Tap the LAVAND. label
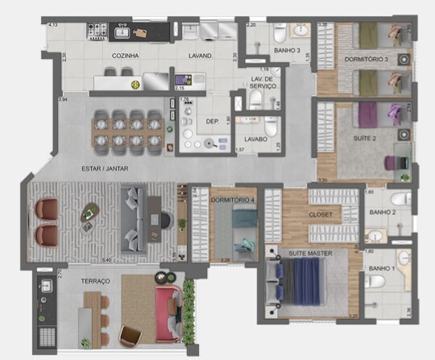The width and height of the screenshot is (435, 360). [x=201, y=56]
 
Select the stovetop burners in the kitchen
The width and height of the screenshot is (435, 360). [x=97, y=33]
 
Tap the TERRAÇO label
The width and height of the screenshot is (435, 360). [x=95, y=280]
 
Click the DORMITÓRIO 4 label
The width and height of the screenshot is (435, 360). [x=233, y=199]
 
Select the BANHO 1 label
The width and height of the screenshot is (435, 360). [x=381, y=267]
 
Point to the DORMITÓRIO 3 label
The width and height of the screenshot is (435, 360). [x=366, y=59]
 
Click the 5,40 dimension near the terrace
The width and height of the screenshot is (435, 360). [x=106, y=261]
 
